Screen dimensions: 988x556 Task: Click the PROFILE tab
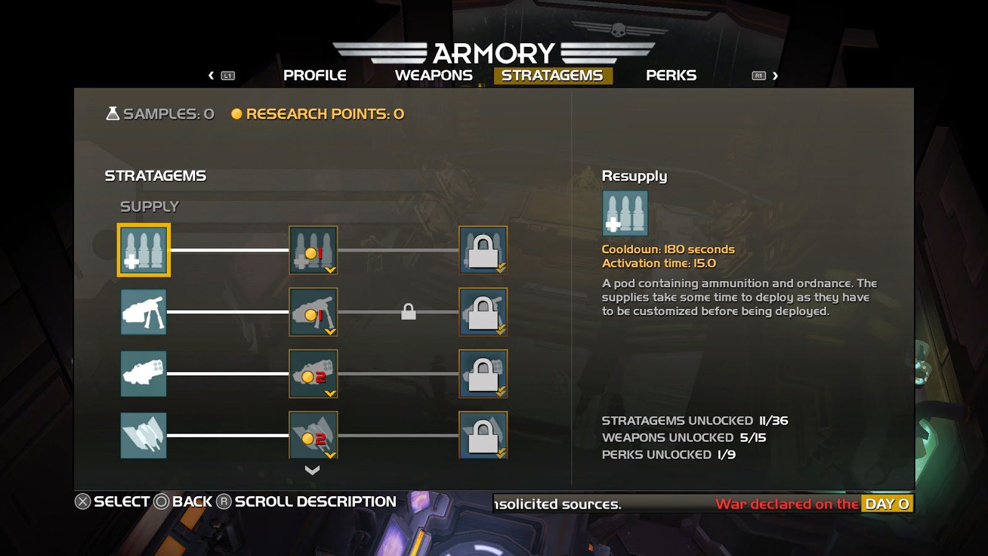[x=314, y=75]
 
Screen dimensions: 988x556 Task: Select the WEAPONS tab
[x=433, y=75]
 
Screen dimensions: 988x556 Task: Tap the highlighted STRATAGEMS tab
[x=552, y=75]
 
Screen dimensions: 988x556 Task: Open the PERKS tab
[x=671, y=75]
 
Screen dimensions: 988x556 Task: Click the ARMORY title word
[x=493, y=54]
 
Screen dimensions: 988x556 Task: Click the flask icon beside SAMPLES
[x=112, y=114]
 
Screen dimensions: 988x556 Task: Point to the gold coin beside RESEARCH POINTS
[x=236, y=114]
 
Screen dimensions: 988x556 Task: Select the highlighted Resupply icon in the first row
[x=143, y=250]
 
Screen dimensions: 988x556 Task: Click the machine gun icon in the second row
[x=143, y=312]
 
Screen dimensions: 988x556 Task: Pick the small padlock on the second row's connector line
[x=408, y=312]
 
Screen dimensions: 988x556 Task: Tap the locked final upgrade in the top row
[x=483, y=250]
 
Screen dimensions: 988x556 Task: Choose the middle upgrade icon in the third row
[x=313, y=374]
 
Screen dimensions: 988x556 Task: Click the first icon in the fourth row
[x=143, y=436]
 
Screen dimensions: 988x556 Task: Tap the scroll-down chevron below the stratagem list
[x=312, y=470]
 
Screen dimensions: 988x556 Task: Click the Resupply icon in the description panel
[x=625, y=213]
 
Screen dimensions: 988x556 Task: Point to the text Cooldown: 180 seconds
[x=668, y=250]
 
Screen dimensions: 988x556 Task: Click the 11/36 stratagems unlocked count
[x=774, y=421]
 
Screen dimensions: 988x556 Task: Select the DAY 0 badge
[x=887, y=504]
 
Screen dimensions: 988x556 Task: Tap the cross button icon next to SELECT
[x=83, y=502]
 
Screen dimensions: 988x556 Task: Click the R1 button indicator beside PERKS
[x=758, y=75]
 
